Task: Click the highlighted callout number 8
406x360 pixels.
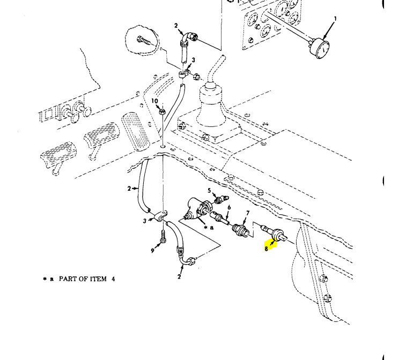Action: click(x=267, y=248)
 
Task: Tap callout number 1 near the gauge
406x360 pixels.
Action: click(x=336, y=19)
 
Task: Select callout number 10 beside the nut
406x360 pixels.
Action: click(x=154, y=101)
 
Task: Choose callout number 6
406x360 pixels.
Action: click(x=229, y=207)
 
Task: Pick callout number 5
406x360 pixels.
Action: click(x=210, y=190)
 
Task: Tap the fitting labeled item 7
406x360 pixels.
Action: click(x=239, y=231)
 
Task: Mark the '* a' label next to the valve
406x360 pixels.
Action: click(x=209, y=227)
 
